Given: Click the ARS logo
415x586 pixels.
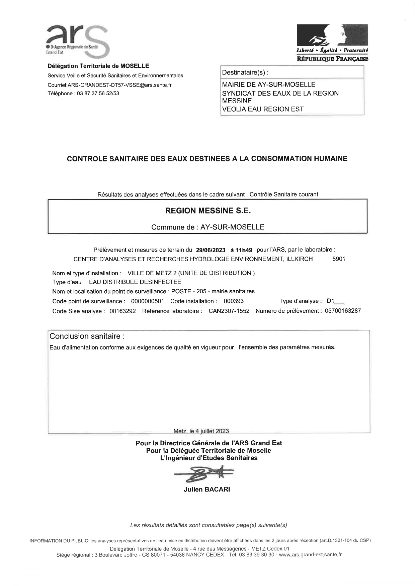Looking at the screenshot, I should click(77, 40).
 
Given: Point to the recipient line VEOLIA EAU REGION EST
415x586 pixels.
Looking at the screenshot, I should click(263, 109).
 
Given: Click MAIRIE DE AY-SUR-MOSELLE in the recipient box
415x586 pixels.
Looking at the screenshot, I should click(269, 85).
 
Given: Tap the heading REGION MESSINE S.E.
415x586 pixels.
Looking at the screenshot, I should click(208, 211).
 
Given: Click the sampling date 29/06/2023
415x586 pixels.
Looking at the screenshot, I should click(211, 250).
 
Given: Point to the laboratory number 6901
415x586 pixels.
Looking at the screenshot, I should click(339, 259).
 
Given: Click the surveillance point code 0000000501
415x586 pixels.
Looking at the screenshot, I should click(148, 301).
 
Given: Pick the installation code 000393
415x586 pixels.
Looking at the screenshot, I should click(234, 301).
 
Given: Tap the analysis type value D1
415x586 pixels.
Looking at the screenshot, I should click(331, 301).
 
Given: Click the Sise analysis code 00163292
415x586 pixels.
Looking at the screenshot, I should click(123, 311).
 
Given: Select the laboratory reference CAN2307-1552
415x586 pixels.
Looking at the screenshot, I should click(229, 311).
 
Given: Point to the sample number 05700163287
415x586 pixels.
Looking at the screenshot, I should click(343, 311).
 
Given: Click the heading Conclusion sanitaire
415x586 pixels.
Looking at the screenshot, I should click(87, 336).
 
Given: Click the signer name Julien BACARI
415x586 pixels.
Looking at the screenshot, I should click(207, 489).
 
